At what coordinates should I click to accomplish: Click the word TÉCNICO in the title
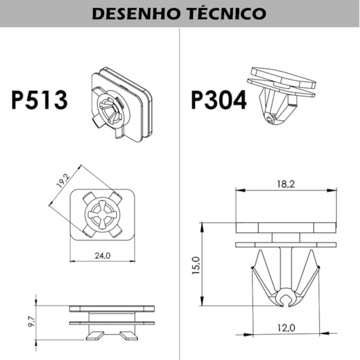point(228,13)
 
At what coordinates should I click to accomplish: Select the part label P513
point(39,100)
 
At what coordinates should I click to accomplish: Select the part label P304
point(219,100)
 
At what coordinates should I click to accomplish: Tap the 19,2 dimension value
point(63,180)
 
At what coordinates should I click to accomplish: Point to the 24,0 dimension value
point(103,255)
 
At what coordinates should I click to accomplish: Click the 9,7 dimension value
point(31,321)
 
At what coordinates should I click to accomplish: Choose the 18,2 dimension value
point(286,184)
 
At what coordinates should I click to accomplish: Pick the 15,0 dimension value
point(196,266)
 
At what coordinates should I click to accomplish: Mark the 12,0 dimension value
point(286,328)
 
